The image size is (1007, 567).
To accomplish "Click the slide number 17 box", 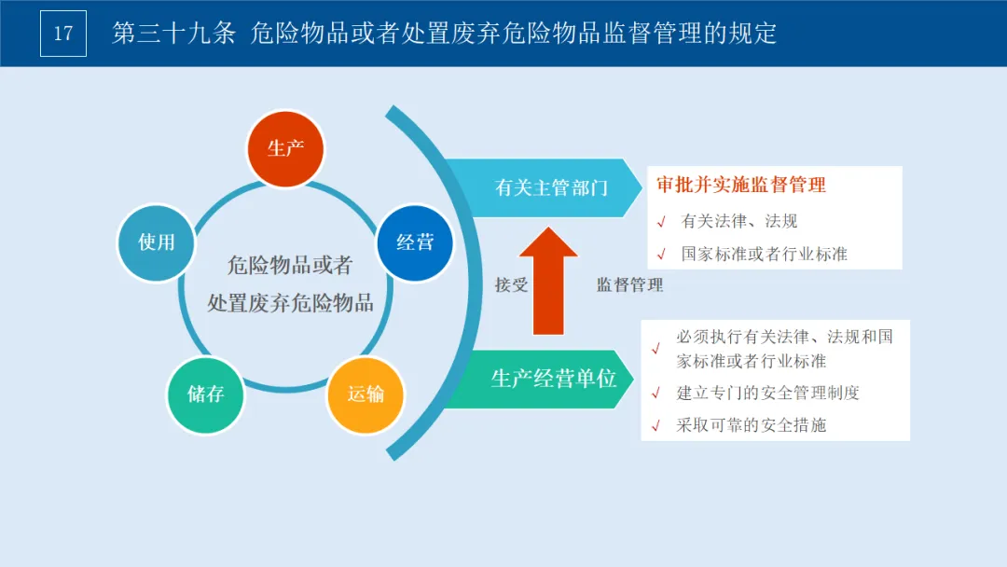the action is [x=63, y=34].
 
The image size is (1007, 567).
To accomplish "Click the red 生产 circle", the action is [x=285, y=147].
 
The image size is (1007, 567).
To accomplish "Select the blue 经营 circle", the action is [x=415, y=242].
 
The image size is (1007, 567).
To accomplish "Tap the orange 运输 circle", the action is [x=366, y=394].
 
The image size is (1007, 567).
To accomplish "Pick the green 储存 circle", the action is [x=205, y=394].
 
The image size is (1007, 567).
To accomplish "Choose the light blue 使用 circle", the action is [x=157, y=242].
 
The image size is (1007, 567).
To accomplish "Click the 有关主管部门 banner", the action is [x=550, y=187].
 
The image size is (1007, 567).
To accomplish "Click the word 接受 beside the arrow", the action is [x=511, y=285].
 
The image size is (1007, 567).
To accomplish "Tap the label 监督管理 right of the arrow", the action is [x=630, y=285].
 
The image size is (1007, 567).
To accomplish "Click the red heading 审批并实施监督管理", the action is [x=741, y=186].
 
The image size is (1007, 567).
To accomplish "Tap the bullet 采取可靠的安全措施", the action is [x=751, y=425].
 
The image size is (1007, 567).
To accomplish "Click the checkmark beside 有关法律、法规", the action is [x=661, y=222].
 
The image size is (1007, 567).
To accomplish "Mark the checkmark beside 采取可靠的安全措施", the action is [x=656, y=426].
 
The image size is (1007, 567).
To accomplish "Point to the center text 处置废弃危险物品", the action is [x=290, y=303].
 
